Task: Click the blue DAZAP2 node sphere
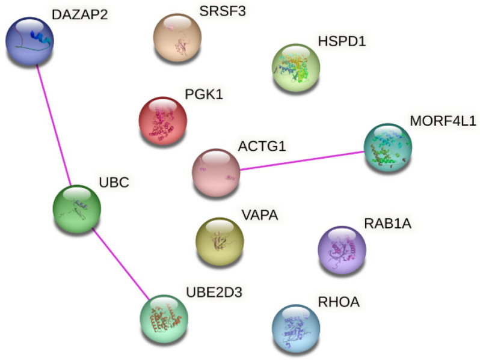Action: pyautogui.click(x=29, y=41)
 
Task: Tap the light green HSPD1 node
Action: pyautogui.click(x=295, y=67)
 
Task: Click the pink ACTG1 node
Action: pyautogui.click(x=215, y=172)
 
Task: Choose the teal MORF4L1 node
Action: pyautogui.click(x=388, y=148)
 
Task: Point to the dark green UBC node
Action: pyautogui.click(x=76, y=209)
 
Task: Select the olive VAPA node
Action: pyautogui.click(x=220, y=240)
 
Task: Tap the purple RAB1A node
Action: pyautogui.click(x=341, y=250)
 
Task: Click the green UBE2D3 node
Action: pyautogui.click(x=164, y=317)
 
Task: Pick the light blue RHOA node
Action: pyautogui.click(x=295, y=328)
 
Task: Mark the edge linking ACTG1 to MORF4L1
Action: pyautogui.click(x=301, y=161)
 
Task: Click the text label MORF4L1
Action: pyautogui.click(x=443, y=121)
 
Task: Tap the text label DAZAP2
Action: pyautogui.click(x=79, y=14)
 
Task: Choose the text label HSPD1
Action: pyautogui.click(x=342, y=41)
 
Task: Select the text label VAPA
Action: pyautogui.click(x=259, y=215)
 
